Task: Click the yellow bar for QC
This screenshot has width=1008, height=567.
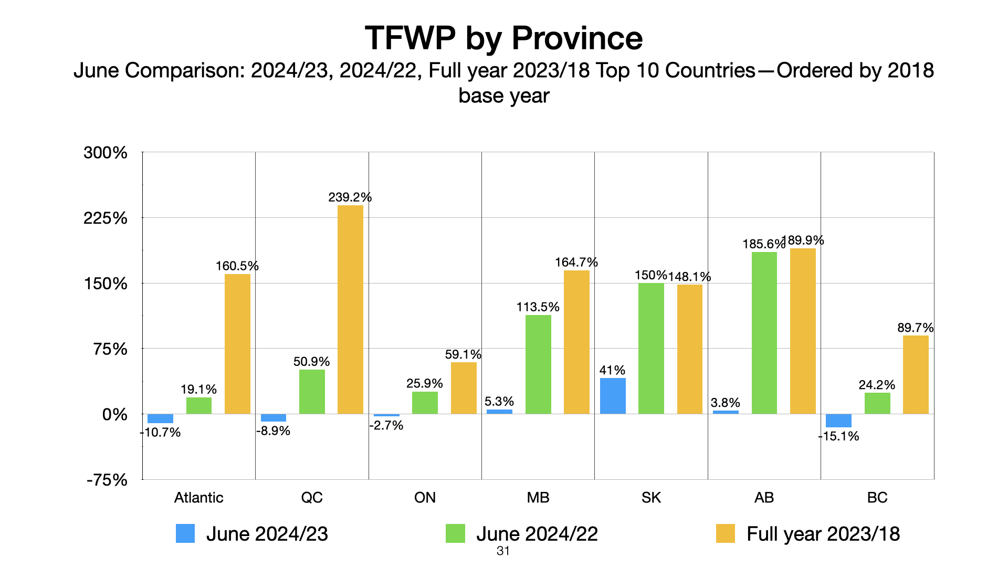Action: pos(350,309)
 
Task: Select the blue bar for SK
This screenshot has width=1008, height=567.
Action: pos(613,396)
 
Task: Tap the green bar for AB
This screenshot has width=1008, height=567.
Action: pos(764,333)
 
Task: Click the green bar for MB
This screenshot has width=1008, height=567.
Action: pos(538,364)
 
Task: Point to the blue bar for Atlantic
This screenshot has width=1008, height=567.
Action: pos(160,418)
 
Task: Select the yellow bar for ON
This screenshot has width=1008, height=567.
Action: pos(464,388)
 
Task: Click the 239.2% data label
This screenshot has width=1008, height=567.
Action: pos(350,197)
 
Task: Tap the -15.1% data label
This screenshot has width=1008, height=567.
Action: pos(838,436)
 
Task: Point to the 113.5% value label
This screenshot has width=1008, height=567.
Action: pos(538,307)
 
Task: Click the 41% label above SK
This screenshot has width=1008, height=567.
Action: pos(612,370)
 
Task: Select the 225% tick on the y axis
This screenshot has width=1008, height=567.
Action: pos(106,218)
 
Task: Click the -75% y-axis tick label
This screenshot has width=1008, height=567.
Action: pos(107,480)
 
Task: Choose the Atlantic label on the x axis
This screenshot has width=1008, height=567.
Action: pos(198,498)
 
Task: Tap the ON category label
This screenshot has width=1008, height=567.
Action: pos(425,498)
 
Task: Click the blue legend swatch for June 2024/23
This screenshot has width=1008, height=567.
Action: pos(185,533)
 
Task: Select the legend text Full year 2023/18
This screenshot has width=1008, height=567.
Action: pos(823,534)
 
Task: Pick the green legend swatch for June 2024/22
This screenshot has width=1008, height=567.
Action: pos(455,533)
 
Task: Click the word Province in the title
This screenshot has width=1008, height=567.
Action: pos(577,38)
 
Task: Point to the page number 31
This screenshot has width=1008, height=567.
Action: pos(503,551)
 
